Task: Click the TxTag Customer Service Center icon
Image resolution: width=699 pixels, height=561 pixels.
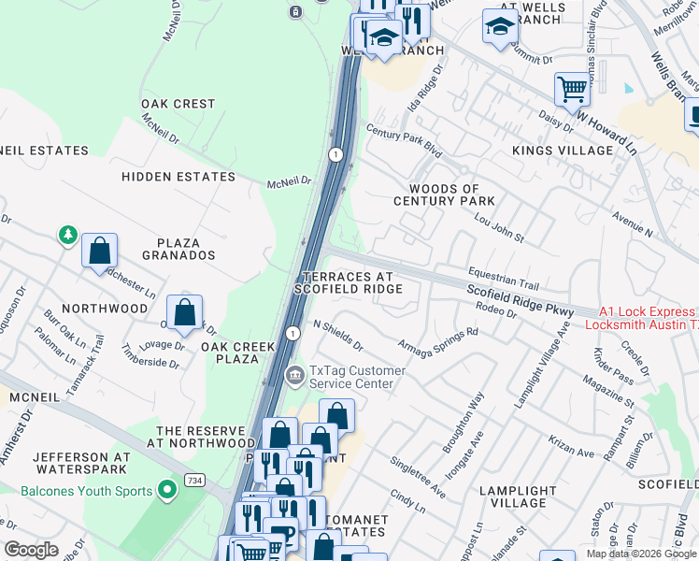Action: click(295, 377)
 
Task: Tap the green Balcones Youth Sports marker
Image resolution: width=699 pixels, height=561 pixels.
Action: click(167, 490)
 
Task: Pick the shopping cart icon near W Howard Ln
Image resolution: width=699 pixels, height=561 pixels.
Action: click(572, 91)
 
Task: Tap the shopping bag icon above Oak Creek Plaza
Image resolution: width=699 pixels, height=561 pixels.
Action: click(185, 312)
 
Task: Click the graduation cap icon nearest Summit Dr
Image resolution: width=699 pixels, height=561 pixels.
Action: click(500, 27)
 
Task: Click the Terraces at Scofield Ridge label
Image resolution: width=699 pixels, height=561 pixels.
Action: click(349, 282)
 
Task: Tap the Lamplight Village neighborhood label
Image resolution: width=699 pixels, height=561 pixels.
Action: click(518, 496)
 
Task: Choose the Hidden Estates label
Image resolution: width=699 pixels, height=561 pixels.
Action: click(178, 176)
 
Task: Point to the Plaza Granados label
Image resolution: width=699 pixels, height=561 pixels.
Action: click(178, 248)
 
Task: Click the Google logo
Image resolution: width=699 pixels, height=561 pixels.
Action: click(31, 550)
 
